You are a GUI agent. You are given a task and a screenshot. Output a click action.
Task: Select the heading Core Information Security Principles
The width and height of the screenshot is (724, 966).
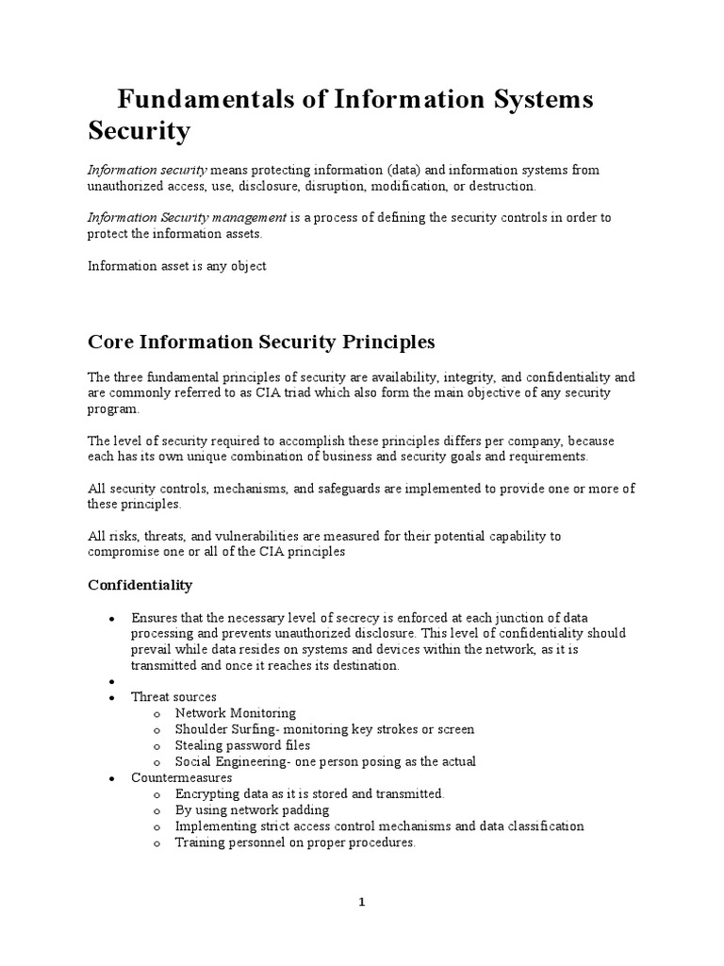[261, 340]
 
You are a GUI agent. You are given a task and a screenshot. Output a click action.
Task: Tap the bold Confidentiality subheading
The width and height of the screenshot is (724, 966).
[140, 585]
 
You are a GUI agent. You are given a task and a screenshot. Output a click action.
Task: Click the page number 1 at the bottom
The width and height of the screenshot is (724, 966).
[361, 902]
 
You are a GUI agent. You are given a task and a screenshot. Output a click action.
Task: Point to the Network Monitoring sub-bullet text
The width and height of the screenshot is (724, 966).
[235, 713]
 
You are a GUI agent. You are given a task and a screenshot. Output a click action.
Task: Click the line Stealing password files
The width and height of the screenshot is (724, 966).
[242, 745]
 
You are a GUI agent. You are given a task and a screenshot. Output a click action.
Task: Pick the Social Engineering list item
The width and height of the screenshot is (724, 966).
[325, 761]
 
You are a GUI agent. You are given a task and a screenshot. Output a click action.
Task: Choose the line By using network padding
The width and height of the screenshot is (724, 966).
[252, 810]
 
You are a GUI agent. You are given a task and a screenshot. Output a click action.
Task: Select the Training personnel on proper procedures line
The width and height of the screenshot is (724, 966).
[295, 842]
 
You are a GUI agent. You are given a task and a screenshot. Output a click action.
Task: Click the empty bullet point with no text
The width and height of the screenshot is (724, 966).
[111, 681]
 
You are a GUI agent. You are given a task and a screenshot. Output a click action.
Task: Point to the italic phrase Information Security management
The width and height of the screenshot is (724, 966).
[187, 217]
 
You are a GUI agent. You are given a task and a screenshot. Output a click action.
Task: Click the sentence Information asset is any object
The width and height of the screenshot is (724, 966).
[177, 266]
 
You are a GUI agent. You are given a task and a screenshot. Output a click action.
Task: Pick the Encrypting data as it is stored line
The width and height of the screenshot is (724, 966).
[309, 794]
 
